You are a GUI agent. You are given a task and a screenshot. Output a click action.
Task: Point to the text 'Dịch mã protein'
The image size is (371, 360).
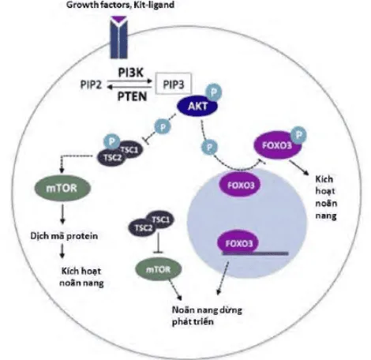(58, 234)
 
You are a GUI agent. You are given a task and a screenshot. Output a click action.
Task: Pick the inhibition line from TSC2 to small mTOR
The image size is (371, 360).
(161, 246)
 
